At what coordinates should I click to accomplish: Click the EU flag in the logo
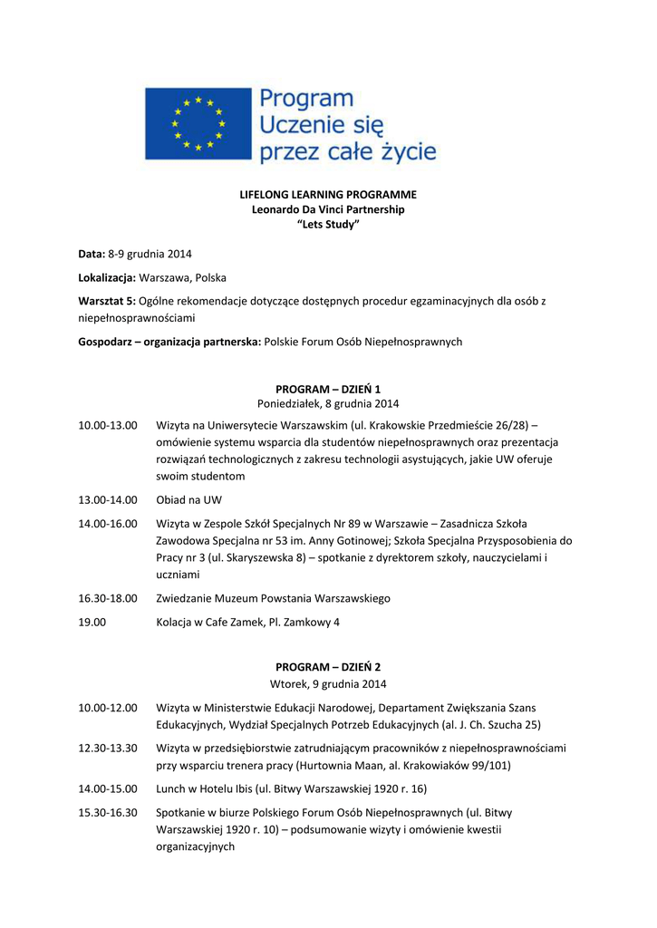(198, 123)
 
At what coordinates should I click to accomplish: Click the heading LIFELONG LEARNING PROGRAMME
(328, 194)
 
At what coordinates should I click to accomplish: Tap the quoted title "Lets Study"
(328, 224)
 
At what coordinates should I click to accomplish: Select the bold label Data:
(92, 254)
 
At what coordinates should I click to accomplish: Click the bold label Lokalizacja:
(107, 277)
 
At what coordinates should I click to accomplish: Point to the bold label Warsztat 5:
(107, 301)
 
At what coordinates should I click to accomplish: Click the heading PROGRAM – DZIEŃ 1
(328, 389)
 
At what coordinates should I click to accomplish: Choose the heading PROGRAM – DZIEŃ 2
(328, 667)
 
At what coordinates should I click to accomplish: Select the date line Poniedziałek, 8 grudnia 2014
(328, 403)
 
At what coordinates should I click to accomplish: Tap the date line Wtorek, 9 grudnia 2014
(328, 682)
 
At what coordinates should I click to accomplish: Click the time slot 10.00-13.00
(107, 424)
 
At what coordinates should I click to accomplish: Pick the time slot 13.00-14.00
(107, 499)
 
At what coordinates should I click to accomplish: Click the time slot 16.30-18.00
(107, 598)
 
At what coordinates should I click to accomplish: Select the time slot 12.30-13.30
(107, 748)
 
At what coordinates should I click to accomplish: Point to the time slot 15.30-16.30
(107, 813)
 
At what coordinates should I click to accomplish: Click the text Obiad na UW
(188, 499)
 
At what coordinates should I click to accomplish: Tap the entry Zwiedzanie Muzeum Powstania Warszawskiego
(273, 598)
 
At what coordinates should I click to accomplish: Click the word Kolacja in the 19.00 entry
(176, 623)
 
